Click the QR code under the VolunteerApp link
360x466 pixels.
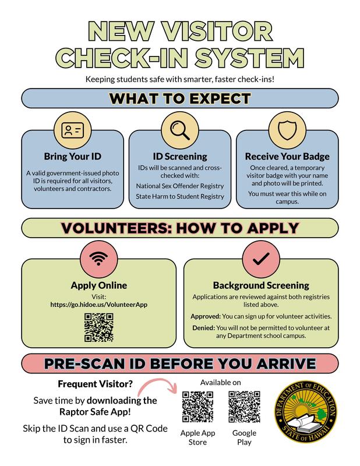[x=99, y=327]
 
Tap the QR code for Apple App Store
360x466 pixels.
[x=197, y=406]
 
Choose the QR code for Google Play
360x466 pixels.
[x=243, y=406]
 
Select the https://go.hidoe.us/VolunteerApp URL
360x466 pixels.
[x=98, y=304]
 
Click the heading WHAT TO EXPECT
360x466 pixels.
[x=179, y=98]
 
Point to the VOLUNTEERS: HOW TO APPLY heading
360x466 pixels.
[x=179, y=227]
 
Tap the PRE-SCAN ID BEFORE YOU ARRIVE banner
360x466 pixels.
[x=179, y=364]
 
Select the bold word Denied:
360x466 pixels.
[x=203, y=328]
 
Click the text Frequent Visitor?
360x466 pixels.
[x=94, y=384]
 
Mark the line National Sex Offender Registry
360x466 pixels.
[x=180, y=186]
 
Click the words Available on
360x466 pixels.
[x=221, y=382]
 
